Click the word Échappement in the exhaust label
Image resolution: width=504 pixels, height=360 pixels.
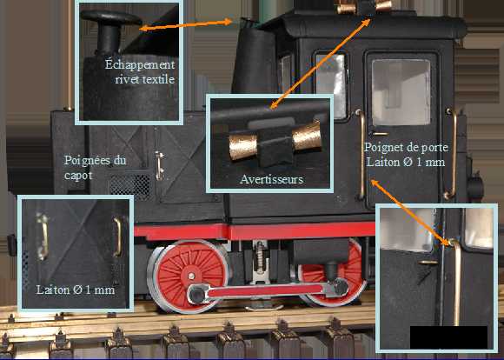click(x=140, y=64)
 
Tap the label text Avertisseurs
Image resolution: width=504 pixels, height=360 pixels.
click(x=272, y=179)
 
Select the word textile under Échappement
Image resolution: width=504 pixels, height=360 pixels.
click(x=158, y=79)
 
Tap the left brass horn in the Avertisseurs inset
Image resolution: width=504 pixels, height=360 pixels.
click(x=243, y=146)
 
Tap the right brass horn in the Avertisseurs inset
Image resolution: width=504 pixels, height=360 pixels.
click(x=307, y=136)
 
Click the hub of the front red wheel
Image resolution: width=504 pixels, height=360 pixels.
click(x=191, y=276)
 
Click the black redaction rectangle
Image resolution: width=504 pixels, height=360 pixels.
click(x=448, y=337)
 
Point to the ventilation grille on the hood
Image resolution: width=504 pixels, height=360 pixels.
click(x=131, y=185)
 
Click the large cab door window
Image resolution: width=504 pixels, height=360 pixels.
click(x=401, y=92)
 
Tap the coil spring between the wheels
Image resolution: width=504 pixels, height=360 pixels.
click(x=260, y=256)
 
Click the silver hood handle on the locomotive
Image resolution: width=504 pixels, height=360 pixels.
click(x=159, y=165)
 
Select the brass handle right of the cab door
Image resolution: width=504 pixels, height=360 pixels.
click(x=452, y=154)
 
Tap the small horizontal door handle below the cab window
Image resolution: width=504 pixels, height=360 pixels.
click(x=381, y=134)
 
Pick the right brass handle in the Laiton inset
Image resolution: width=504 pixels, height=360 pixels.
click(x=117, y=237)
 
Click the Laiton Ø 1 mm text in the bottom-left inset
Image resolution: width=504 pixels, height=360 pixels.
click(x=76, y=290)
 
